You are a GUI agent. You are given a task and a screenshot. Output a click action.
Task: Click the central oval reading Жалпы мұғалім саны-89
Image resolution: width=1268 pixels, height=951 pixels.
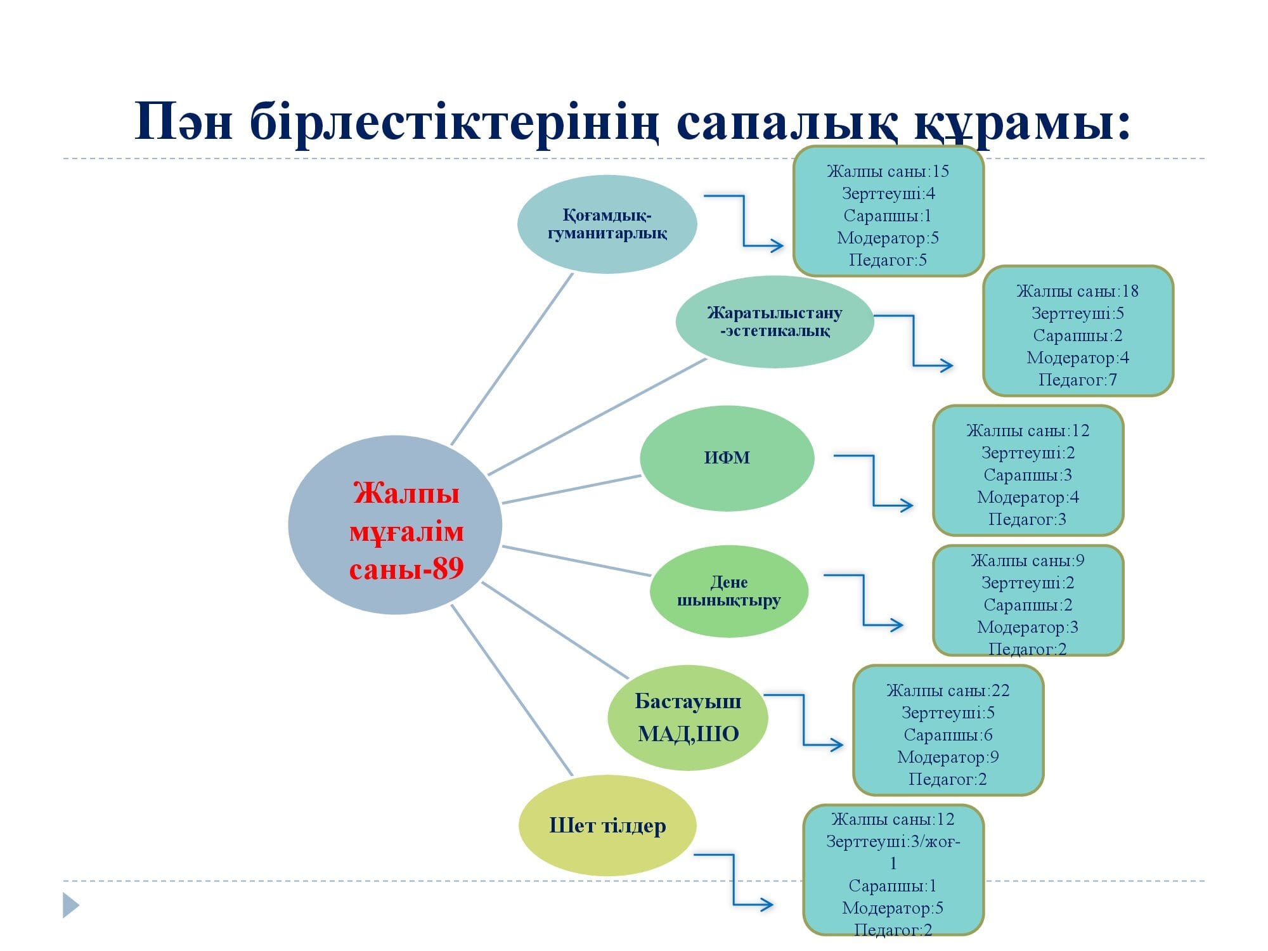pos(395,525)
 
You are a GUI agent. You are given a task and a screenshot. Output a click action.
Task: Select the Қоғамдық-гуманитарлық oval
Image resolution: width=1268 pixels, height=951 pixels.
pos(607,224)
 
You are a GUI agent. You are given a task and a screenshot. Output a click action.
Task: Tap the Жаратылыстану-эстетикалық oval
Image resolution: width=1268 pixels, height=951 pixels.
pos(775,321)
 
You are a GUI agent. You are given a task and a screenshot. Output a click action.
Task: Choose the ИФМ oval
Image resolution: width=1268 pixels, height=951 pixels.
pos(727,458)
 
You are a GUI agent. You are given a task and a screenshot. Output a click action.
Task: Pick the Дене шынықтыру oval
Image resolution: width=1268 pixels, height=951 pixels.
pos(729,592)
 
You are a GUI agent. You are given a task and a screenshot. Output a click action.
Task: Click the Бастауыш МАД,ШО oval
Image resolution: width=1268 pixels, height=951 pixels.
pos(688,718)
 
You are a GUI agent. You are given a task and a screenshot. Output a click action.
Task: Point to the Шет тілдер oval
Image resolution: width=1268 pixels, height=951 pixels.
pos(607,825)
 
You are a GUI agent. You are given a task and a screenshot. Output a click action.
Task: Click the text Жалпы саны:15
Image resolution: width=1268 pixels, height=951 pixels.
pos(888,171)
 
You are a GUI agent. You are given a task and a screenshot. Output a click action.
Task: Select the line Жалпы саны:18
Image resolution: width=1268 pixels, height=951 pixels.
pos(1077,291)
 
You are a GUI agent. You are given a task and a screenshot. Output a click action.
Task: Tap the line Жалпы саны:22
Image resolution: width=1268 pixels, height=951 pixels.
pos(948,690)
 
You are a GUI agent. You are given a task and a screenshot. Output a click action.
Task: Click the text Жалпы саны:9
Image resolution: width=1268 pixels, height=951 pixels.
pos(1027,560)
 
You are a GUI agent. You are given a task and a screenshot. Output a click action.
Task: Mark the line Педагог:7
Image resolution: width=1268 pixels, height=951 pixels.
pos(1077,380)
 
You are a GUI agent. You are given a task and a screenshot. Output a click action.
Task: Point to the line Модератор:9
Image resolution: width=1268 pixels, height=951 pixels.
pos(948,757)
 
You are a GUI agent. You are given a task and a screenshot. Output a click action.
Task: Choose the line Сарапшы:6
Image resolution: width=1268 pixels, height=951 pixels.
pos(948,735)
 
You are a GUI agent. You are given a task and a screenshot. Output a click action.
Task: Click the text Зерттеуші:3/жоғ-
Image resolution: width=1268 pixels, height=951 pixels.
pos(893,841)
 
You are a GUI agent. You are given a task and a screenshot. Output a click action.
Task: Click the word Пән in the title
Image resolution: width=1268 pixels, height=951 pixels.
pos(184,122)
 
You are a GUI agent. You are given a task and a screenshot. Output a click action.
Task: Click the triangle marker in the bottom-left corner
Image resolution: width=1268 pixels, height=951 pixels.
pos(70,905)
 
